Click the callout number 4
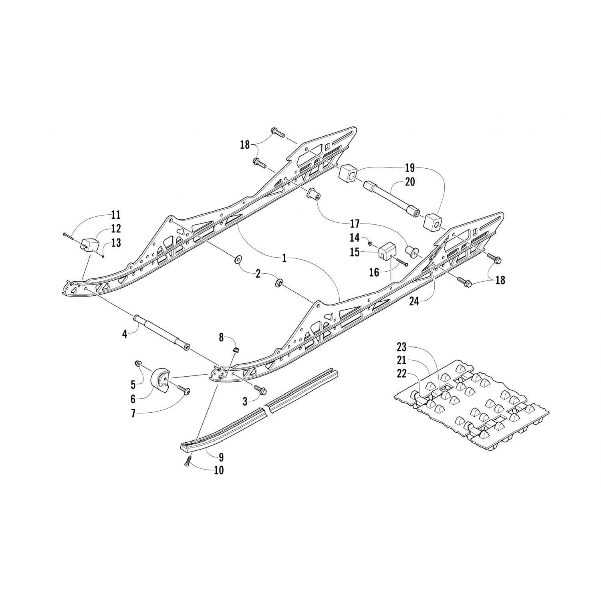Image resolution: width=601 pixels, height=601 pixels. tap(125, 333)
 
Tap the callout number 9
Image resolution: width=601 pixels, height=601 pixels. tap(221, 457)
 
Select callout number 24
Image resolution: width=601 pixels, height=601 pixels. tap(414, 301)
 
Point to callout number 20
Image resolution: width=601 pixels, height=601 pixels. tap(410, 182)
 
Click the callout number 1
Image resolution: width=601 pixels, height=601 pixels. tap(284, 258)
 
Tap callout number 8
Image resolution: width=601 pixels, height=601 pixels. tap(221, 337)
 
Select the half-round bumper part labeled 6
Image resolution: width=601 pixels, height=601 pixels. tap(160, 379)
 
